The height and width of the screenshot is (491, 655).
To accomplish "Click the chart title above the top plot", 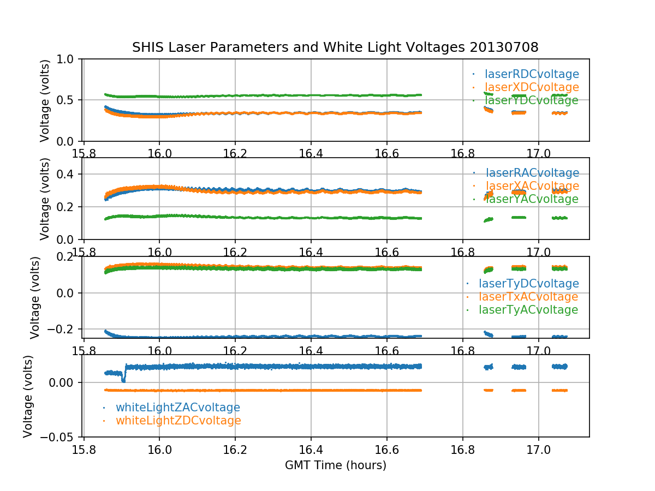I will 335,47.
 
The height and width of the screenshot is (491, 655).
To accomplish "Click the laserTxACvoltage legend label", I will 528,297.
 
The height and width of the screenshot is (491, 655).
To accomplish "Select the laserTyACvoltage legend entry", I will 528,310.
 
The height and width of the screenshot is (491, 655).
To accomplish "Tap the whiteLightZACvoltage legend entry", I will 177,408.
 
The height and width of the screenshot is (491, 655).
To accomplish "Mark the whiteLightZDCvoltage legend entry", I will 178,421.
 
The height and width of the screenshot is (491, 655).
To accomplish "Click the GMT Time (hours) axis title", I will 335,465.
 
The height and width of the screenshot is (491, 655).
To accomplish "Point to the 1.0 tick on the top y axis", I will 68,59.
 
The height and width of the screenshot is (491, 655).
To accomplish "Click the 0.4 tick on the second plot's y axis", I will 68,174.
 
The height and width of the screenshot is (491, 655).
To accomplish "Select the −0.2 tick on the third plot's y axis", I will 64,329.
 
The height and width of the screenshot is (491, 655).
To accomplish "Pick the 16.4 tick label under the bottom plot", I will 311,449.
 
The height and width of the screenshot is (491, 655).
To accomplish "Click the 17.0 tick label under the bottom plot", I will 538,449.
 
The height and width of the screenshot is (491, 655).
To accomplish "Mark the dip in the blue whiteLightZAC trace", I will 123,380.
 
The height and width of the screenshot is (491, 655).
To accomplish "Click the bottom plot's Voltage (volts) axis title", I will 28,396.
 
